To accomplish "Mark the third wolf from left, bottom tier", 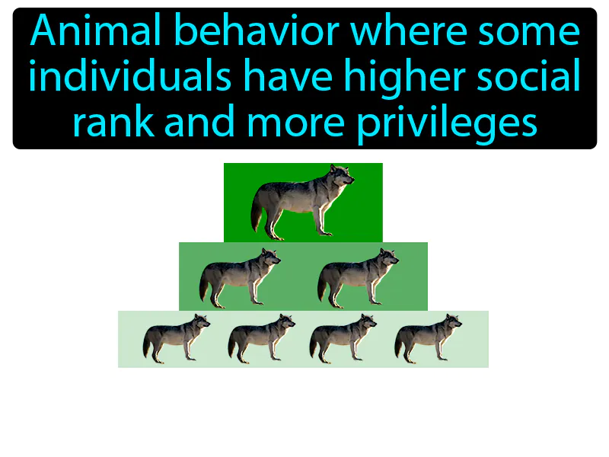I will tap(342, 338).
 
